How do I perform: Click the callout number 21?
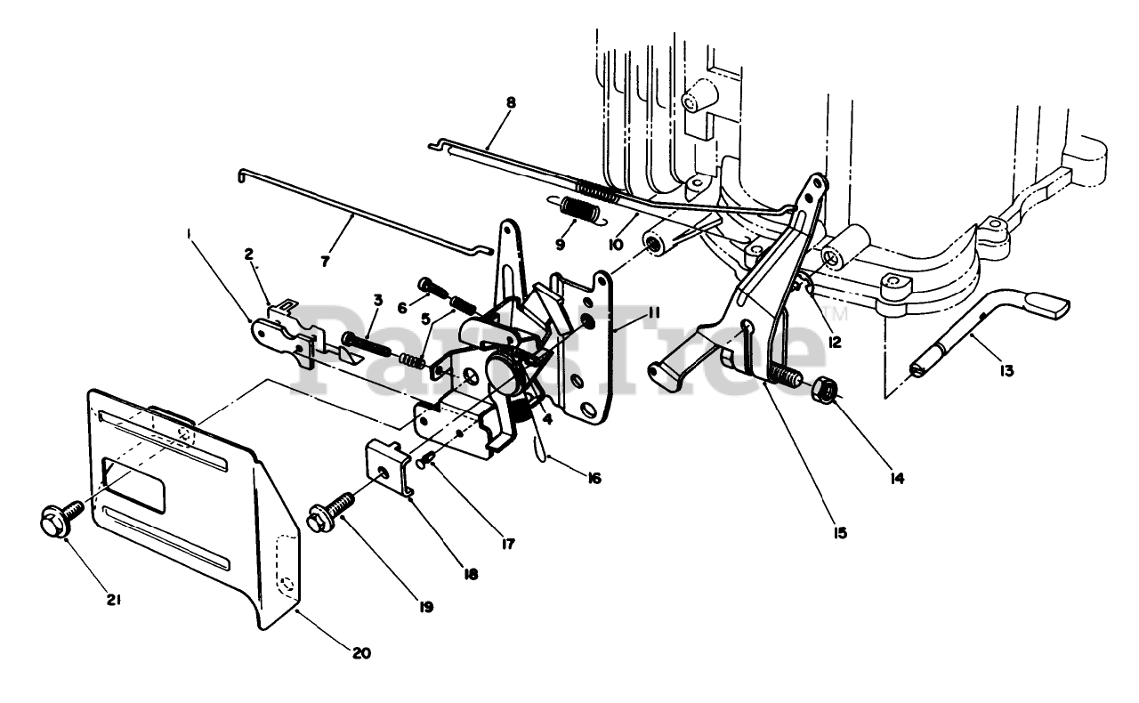point(114,600)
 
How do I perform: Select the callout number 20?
point(360,653)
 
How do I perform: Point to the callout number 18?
point(471,574)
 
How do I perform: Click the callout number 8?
point(510,103)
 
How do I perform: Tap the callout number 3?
point(377,301)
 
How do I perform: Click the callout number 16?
point(594,478)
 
